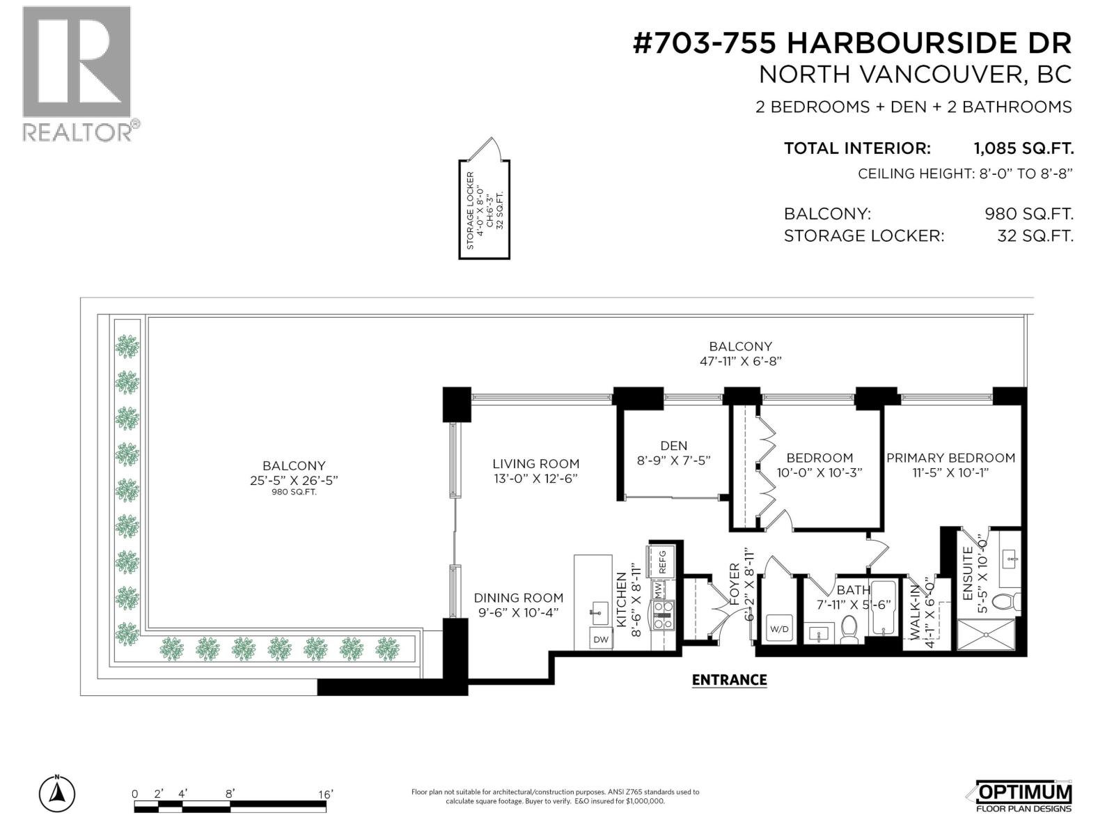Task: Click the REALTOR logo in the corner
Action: pyautogui.click(x=77, y=73)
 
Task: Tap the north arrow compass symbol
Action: pyautogui.click(x=57, y=792)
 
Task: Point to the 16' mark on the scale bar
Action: pyautogui.click(x=326, y=794)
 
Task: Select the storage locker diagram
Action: pyautogui.click(x=484, y=209)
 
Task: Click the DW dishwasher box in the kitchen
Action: pyautogui.click(x=601, y=639)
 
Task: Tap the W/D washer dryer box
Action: pyautogui.click(x=780, y=629)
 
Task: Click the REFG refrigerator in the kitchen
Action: pyautogui.click(x=661, y=562)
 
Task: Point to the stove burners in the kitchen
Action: pyautogui.click(x=663, y=614)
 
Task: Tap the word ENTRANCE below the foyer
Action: pyautogui.click(x=729, y=680)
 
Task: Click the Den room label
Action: pyautogui.click(x=673, y=446)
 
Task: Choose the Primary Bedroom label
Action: pyautogui.click(x=950, y=458)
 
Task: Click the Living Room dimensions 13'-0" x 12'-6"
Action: pyautogui.click(x=535, y=479)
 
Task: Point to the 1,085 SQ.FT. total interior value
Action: pyautogui.click(x=1023, y=148)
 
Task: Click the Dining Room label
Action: pyautogui.click(x=518, y=598)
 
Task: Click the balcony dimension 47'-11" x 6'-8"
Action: pyautogui.click(x=740, y=361)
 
